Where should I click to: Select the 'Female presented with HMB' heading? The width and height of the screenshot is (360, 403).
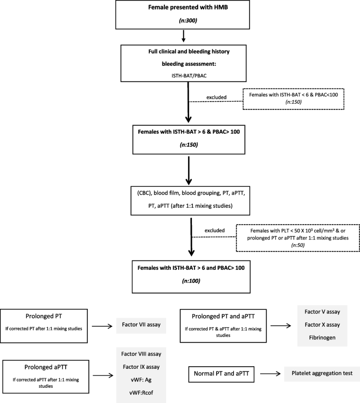click(183, 9)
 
